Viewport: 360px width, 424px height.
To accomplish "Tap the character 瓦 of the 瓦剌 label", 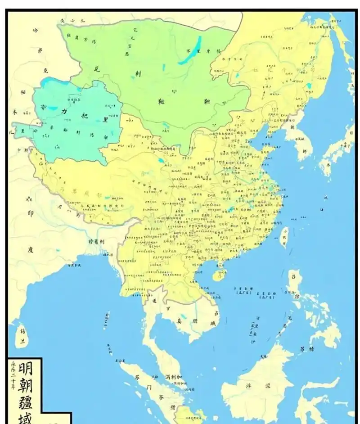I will (96, 69).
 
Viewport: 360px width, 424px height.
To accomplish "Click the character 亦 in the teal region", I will (43, 108).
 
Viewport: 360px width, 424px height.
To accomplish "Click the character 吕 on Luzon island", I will (294, 274).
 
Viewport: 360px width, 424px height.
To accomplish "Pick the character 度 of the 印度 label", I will (31, 248).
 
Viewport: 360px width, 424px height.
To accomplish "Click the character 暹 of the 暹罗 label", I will (154, 300).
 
